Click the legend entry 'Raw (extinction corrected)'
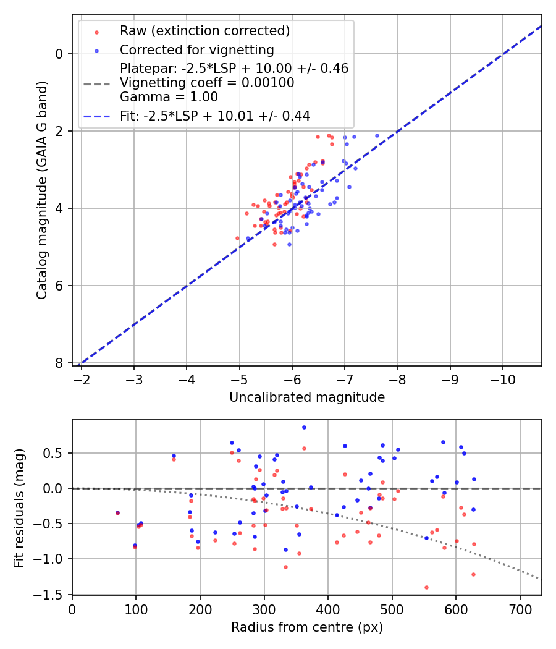point(204,31)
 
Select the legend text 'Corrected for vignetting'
point(197,49)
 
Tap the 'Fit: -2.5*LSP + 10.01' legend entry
point(214,116)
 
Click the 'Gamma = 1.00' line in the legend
point(169,96)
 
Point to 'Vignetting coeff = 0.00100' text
point(207,83)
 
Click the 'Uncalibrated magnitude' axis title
point(307,397)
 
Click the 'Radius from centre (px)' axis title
point(307,627)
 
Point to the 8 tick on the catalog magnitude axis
point(60,363)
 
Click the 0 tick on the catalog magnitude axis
point(60,54)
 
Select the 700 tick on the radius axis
point(520,608)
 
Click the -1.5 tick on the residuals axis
point(53,595)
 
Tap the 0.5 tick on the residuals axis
point(56,453)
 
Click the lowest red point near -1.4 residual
point(426,587)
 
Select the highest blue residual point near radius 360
point(304,427)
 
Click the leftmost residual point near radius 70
point(117,512)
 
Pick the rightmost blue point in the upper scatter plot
point(377,135)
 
